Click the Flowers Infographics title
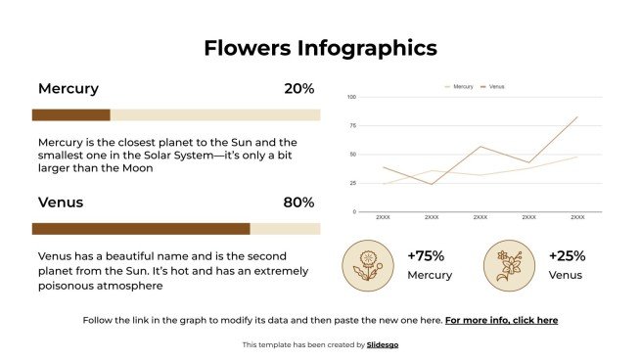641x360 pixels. (320, 48)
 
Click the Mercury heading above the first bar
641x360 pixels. (69, 89)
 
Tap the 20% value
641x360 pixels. (298, 89)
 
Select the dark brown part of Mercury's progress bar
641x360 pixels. (70, 115)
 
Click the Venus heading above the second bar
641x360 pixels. (61, 202)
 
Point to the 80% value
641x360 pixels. (298, 202)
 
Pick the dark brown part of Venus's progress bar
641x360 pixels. (140, 229)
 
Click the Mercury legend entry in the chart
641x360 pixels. (462, 86)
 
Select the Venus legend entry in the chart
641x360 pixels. (495, 86)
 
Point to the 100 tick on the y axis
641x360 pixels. (351, 97)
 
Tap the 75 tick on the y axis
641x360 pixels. (352, 125)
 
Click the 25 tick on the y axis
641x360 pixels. (352, 183)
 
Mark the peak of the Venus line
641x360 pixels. (577, 117)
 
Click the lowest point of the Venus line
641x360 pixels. (432, 184)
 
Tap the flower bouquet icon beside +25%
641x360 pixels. (508, 266)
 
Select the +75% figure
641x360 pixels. (426, 256)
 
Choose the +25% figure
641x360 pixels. (567, 256)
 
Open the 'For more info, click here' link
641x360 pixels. (501, 320)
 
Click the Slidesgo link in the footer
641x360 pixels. (383, 344)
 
